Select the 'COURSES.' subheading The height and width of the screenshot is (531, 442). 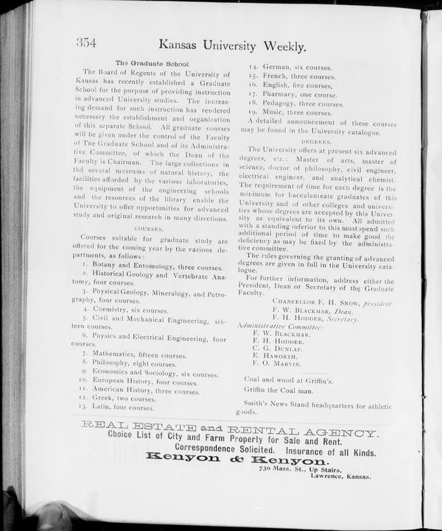pos(150,229)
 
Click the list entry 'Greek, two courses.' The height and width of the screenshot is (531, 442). pos(121,398)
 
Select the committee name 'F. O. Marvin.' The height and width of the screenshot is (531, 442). pos(277,363)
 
